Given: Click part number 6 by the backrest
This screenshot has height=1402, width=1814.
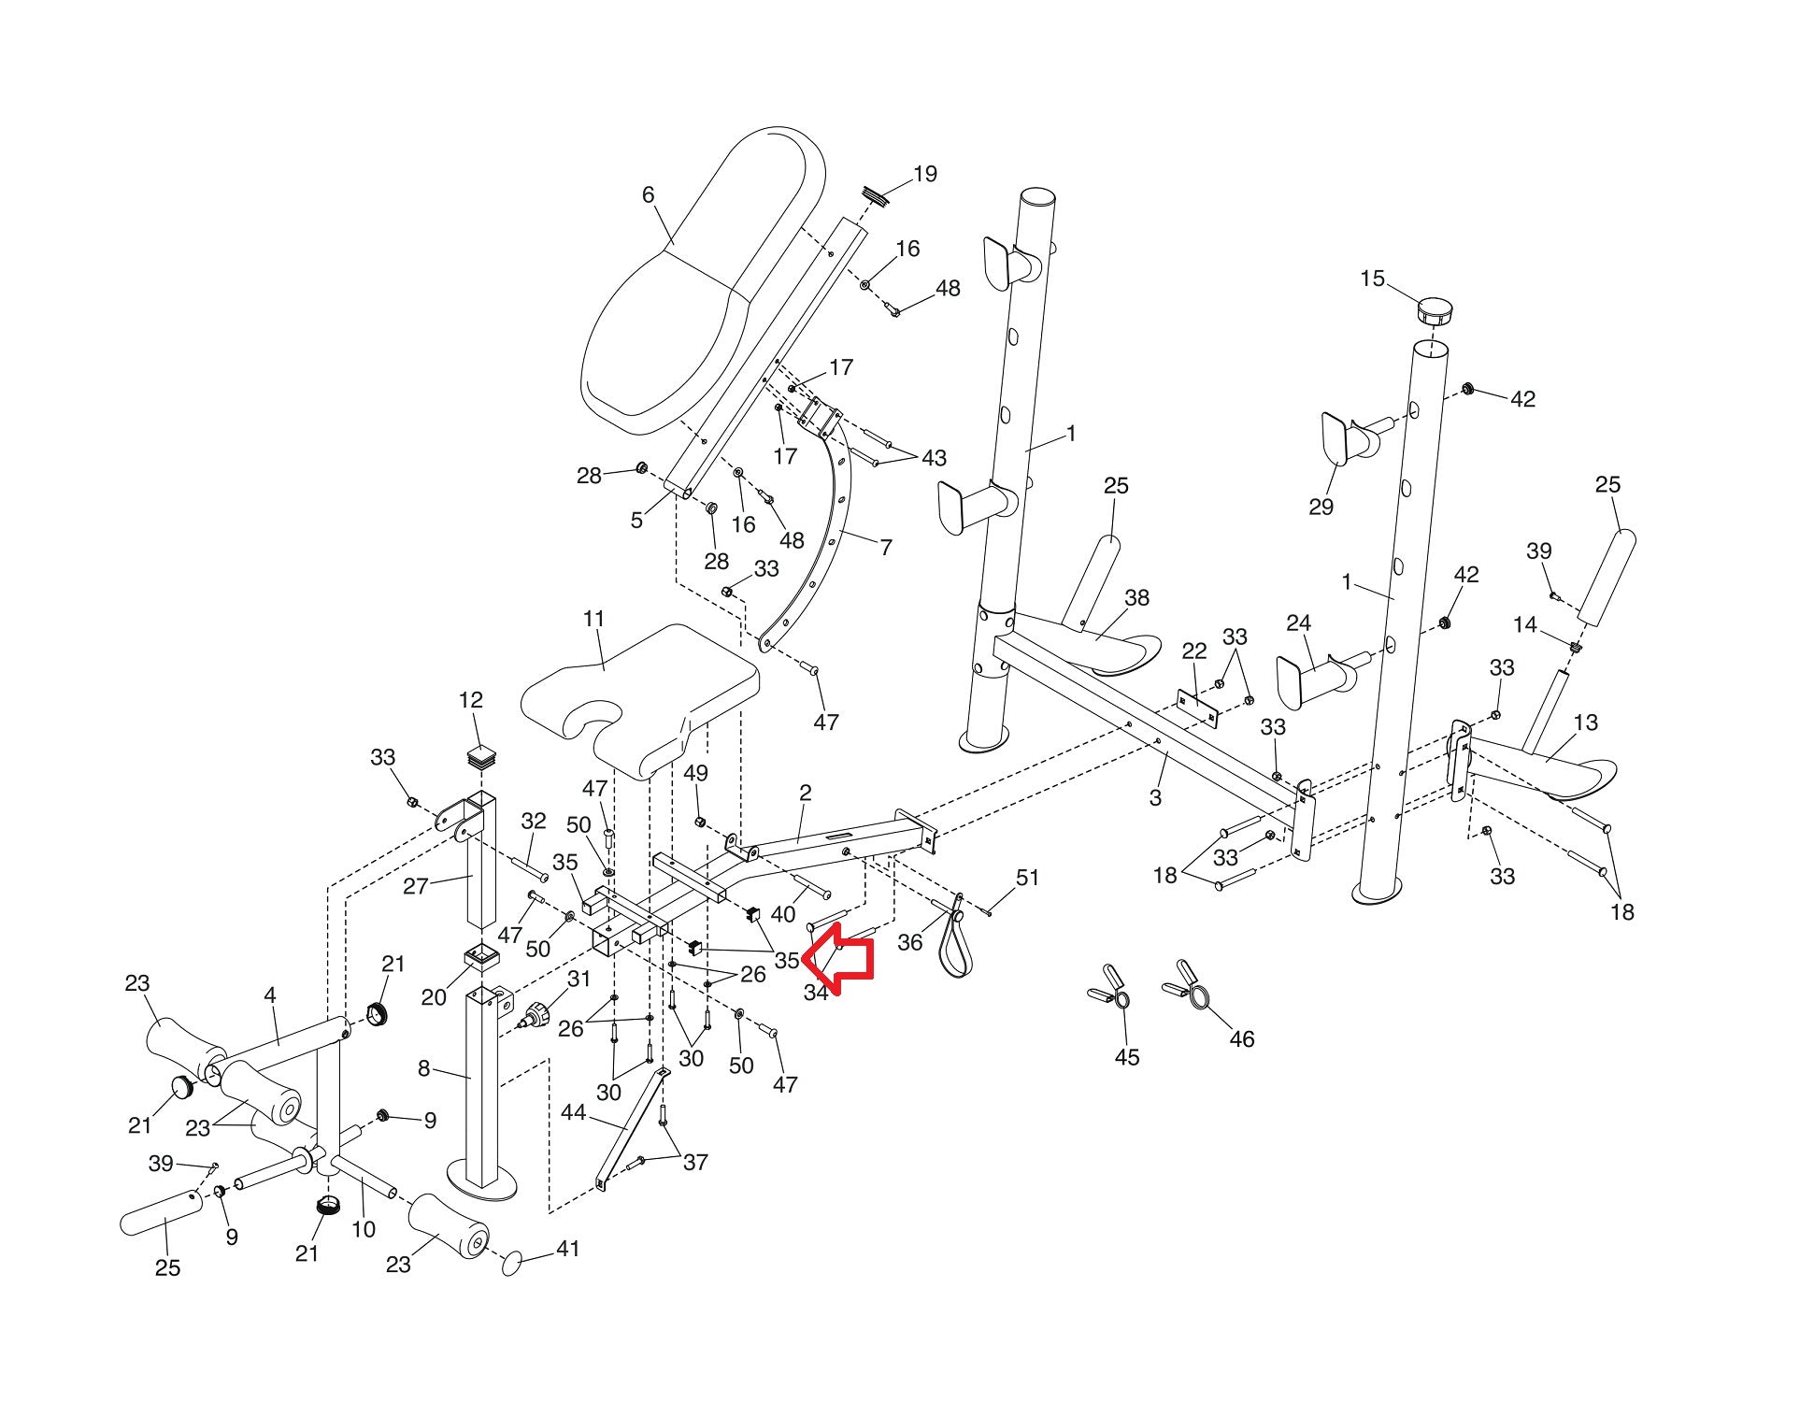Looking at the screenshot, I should pos(648,195).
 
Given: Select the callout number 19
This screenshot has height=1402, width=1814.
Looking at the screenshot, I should pos(924,175).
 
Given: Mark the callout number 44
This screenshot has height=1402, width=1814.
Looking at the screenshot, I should pos(573,1112).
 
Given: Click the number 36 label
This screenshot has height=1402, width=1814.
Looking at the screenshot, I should pos(909,942).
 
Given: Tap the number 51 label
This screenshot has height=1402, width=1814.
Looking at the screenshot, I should pos(1027,878).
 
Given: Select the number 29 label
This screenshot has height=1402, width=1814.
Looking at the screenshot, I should pos(1321,507).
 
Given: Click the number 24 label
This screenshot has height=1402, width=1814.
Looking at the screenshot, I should pos(1298,622).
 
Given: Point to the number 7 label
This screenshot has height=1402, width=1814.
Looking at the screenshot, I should pos(886,547).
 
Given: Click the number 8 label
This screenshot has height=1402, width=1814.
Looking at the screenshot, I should pos(423,1067).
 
